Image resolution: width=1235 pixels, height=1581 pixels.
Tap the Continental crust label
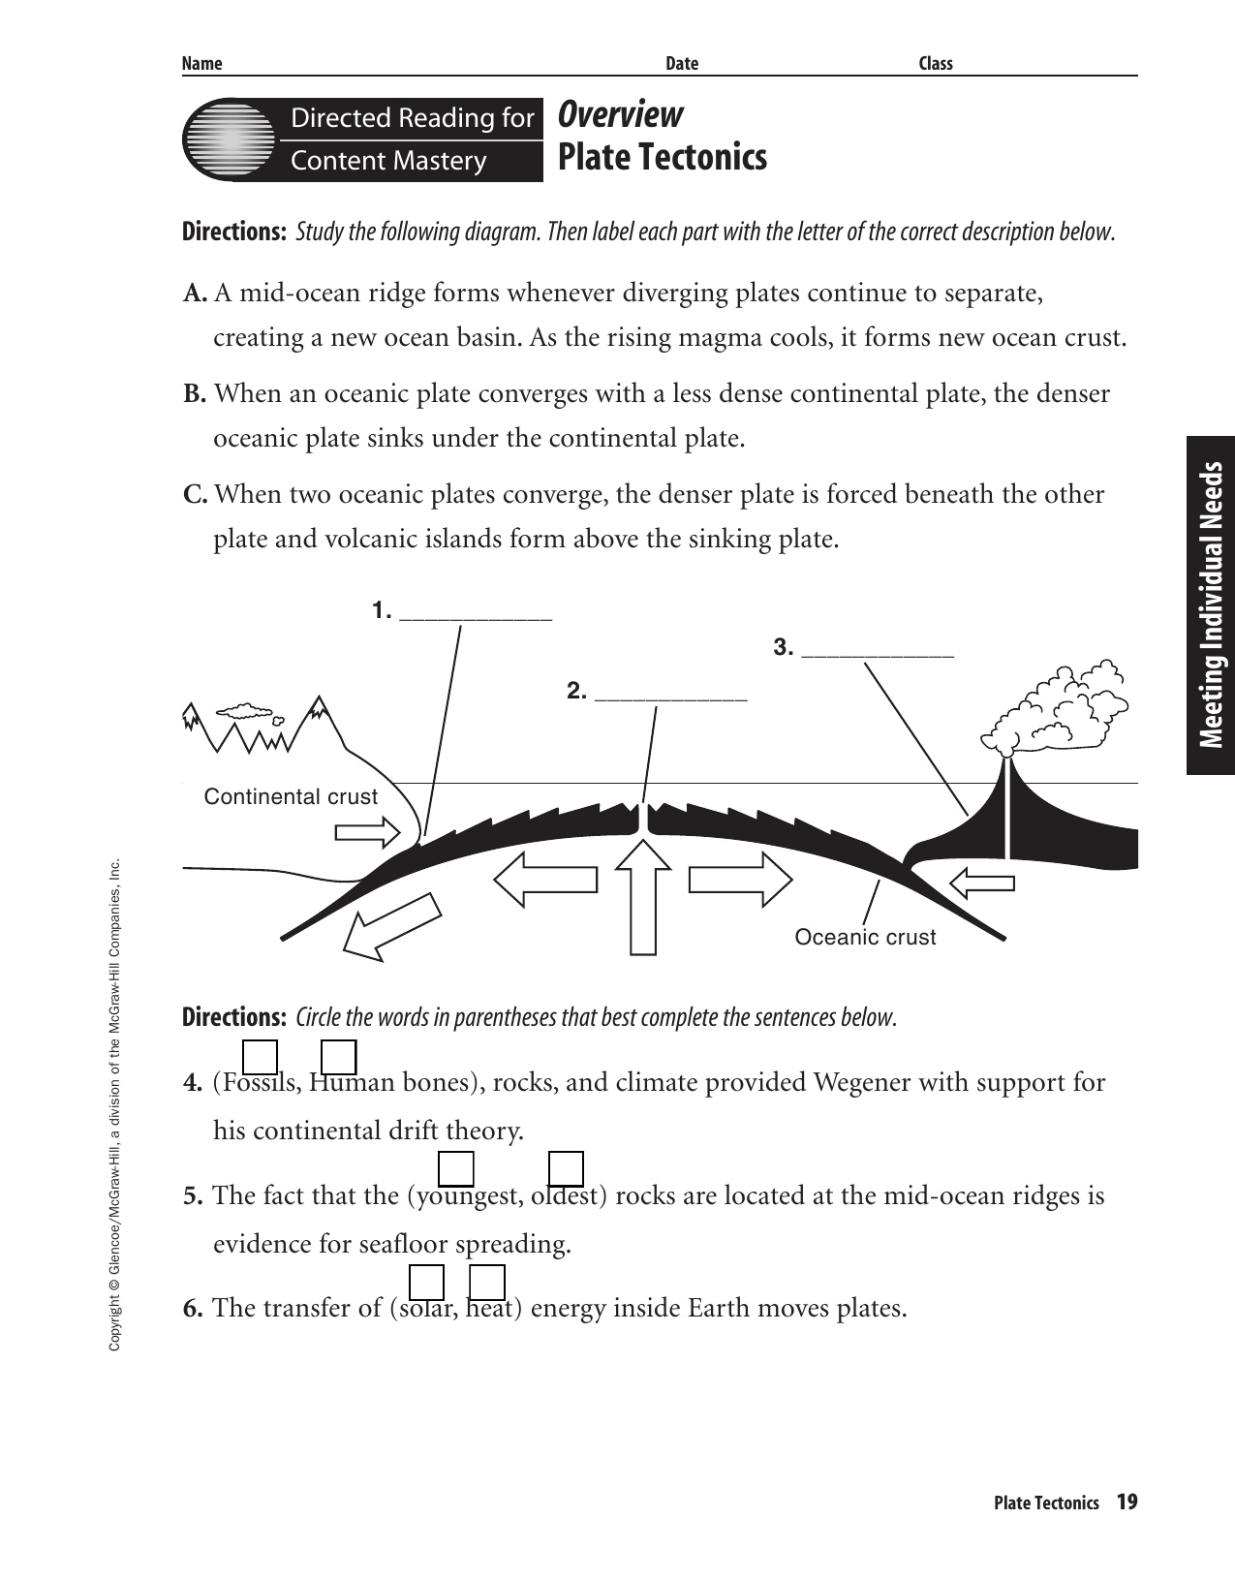pos(291,796)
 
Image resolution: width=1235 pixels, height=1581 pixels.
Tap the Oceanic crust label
pos(865,937)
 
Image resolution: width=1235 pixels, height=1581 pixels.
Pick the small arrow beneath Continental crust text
pos(367,831)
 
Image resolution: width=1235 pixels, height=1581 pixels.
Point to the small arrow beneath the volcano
pos(981,883)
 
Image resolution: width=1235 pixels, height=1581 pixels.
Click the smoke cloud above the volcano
pos(1061,708)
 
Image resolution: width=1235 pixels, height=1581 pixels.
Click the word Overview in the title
pos(621,115)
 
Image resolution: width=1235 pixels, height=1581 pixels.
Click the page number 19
pos(1127,1503)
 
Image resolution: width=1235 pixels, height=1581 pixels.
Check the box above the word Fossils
pos(260,1057)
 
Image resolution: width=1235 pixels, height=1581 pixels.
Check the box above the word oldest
pos(566,1168)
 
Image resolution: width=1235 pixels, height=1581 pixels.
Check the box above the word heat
pos(487,1282)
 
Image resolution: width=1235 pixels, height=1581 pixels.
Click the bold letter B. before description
pos(195,394)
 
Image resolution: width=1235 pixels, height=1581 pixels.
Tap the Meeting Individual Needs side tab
pos(1211,605)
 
